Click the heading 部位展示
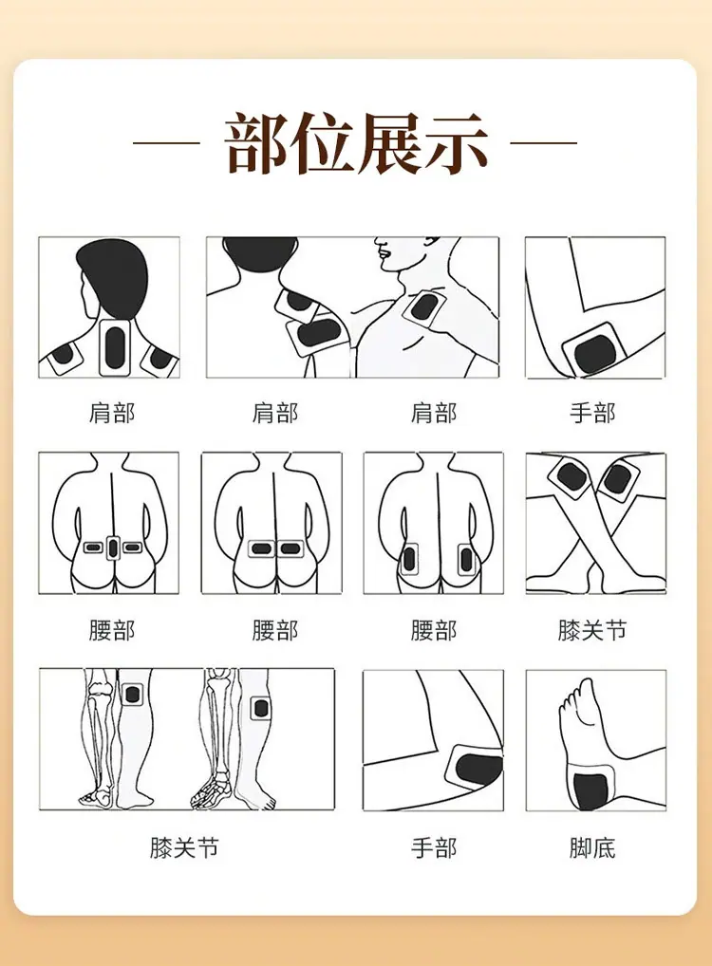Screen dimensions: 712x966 click(x=356, y=143)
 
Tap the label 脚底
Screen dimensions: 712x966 click(x=592, y=848)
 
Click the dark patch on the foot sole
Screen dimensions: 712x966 click(x=590, y=791)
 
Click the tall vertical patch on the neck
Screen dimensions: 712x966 click(x=115, y=347)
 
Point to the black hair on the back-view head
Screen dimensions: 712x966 click(x=114, y=274)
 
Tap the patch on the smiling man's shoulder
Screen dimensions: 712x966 click(x=422, y=307)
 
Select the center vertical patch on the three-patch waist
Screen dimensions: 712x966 click(x=113, y=548)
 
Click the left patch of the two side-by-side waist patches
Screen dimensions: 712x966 click(x=261, y=548)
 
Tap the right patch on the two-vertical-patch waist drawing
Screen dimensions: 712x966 click(x=466, y=560)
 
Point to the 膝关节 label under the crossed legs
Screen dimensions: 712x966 click(x=592, y=630)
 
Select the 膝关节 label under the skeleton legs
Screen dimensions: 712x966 click(x=184, y=848)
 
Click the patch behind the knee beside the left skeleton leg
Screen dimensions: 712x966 click(x=132, y=695)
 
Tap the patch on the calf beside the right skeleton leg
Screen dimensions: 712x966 click(x=261, y=709)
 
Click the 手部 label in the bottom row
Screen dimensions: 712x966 click(x=434, y=848)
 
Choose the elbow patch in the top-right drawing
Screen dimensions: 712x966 click(x=594, y=350)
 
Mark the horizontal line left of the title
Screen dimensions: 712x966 click(x=166, y=143)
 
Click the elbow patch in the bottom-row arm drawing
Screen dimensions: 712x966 click(x=476, y=768)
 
